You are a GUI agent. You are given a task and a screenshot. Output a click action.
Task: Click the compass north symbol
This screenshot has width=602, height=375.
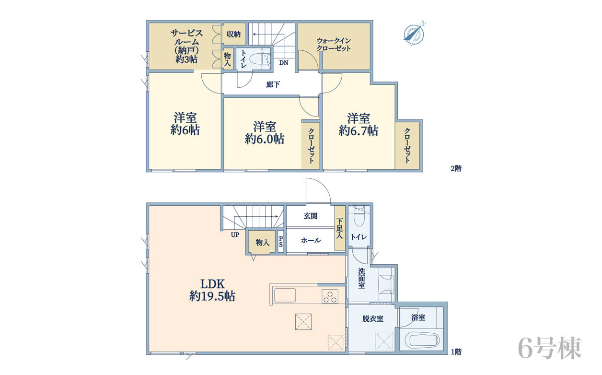[414, 34]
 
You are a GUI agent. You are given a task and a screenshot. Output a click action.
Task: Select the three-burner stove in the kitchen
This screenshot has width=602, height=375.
[330, 297]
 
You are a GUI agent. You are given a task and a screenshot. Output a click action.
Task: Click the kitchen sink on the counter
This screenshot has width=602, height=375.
[285, 295]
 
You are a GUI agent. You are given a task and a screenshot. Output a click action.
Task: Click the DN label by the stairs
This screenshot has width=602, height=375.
[284, 63]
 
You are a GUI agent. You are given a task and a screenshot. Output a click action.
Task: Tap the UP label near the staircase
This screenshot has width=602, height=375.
[235, 235]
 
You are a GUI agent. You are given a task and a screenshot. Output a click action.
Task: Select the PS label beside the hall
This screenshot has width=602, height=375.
[280, 241]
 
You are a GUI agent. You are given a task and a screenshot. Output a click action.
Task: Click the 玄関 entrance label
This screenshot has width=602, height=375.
[311, 216]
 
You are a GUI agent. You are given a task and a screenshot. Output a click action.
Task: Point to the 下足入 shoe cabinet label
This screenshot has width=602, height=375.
[339, 229]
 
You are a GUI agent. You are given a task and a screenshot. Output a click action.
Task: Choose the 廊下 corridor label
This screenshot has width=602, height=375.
[273, 85]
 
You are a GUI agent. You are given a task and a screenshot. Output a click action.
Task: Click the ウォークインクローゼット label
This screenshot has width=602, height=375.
[334, 45]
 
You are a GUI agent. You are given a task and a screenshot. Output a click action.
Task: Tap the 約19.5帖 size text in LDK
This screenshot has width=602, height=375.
[212, 296]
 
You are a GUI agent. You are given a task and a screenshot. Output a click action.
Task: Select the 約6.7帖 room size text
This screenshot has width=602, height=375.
[358, 131]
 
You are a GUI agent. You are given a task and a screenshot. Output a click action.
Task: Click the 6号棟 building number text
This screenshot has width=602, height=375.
[550, 348]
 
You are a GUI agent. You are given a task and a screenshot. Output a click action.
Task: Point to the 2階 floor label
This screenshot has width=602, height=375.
[456, 168]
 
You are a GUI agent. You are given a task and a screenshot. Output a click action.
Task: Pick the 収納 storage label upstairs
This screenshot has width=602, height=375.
[233, 34]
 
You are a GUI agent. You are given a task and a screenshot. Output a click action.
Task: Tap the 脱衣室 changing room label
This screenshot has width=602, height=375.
[373, 319]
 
